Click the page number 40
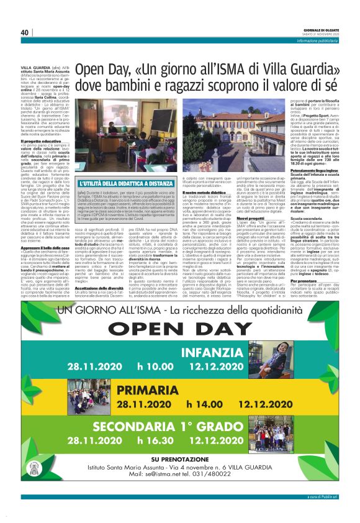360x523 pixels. pos(24,32)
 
